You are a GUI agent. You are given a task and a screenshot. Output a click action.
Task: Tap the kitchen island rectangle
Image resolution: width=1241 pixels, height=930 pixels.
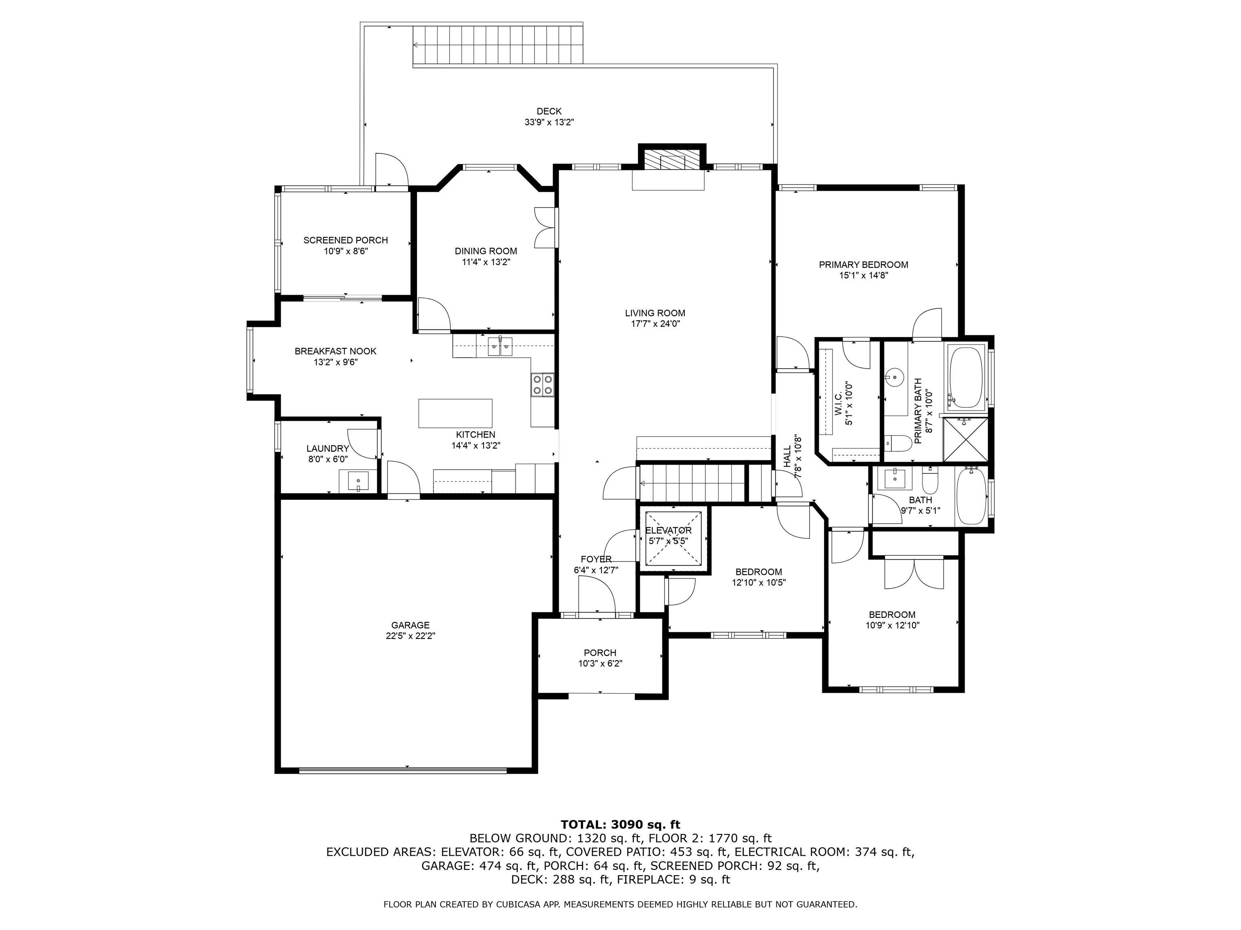(x=455, y=413)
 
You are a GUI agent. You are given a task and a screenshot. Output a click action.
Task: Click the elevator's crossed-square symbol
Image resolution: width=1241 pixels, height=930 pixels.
(x=673, y=538)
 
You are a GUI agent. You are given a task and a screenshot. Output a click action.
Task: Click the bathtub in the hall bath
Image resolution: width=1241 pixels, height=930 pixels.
(x=971, y=496)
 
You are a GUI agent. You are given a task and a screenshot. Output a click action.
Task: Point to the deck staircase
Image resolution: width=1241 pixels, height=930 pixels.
(x=498, y=45)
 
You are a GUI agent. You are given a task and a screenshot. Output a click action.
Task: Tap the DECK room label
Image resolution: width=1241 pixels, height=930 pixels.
(x=549, y=111)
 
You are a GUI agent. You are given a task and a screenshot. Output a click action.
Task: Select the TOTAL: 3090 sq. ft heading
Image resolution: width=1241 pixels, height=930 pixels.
(x=620, y=825)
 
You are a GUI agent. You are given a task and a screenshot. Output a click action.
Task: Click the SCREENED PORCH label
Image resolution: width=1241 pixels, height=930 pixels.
(x=345, y=240)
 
